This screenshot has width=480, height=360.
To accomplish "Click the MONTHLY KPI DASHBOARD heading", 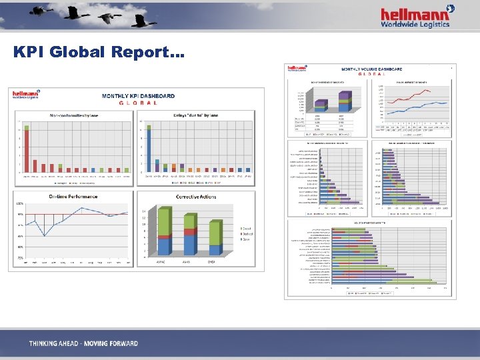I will tap(138, 96).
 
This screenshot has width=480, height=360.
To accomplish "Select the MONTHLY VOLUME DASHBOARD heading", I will tap(372, 69).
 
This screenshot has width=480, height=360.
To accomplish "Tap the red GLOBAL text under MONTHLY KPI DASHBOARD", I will tap(138, 103).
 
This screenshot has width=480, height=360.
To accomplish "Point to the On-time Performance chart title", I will tap(73, 197).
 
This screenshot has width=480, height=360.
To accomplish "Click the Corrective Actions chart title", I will tap(195, 197).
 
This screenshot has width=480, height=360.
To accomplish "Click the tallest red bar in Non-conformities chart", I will tap(27, 149).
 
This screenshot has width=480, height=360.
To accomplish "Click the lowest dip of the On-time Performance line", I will tap(45, 235).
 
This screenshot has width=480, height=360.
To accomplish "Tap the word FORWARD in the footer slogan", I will tap(119, 344).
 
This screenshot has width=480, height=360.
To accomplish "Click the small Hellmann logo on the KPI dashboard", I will tap(25, 95).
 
